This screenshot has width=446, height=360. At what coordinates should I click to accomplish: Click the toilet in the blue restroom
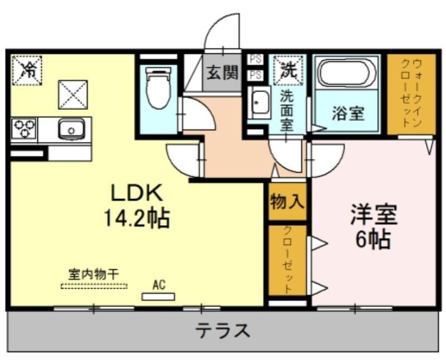pyautogui.click(x=158, y=88)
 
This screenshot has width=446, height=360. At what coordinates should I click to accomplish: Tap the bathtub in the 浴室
pyautogui.click(x=347, y=72)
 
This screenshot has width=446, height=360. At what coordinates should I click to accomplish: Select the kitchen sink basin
pyautogui.click(x=71, y=129)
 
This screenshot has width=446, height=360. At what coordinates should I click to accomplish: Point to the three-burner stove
pyautogui.click(x=25, y=129)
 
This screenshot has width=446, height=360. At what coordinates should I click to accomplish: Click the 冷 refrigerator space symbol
pyautogui.click(x=27, y=70)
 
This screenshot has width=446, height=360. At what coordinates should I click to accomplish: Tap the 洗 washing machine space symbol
pyautogui.click(x=288, y=70)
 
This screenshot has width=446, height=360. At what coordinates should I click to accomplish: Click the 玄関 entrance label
pyautogui.click(x=222, y=72)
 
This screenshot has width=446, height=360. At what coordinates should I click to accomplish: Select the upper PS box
pyautogui.click(x=255, y=60)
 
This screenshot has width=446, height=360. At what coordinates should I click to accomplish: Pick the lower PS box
pyautogui.click(x=255, y=75)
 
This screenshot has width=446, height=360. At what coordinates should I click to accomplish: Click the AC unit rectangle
pyautogui.click(x=158, y=297)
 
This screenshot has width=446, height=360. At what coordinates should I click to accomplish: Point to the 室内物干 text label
pyautogui.click(x=94, y=274)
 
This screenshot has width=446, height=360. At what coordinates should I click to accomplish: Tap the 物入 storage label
pyautogui.click(x=287, y=202)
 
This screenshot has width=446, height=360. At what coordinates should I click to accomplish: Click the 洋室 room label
pyautogui.click(x=374, y=214)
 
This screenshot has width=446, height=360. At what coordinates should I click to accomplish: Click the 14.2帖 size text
pyautogui.click(x=137, y=218)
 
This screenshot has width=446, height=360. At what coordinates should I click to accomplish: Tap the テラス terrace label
pyautogui.click(x=222, y=330)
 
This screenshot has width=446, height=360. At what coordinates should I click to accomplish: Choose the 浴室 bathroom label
pyautogui.click(x=348, y=113)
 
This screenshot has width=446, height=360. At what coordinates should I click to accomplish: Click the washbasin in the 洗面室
pyautogui.click(x=259, y=103)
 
